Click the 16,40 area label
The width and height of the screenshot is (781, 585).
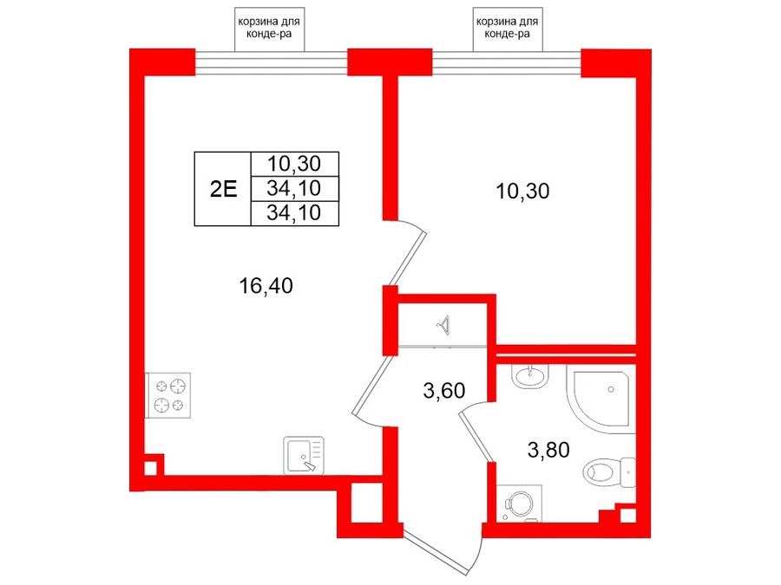click(x=266, y=286)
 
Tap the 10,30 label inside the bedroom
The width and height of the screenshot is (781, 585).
click(x=522, y=191)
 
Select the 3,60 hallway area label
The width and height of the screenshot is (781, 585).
click(x=443, y=391)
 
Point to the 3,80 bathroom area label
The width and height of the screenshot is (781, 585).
click(x=548, y=450)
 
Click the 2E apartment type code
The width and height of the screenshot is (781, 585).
click(x=223, y=189)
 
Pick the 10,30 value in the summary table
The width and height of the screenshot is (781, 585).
click(x=294, y=163)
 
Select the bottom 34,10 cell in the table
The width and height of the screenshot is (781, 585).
click(x=294, y=213)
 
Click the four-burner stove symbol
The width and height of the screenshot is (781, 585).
click(x=168, y=395)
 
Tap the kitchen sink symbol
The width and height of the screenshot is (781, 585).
click(x=304, y=455)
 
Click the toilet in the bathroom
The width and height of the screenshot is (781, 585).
click(x=609, y=471)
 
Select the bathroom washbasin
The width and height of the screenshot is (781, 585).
click(x=530, y=377)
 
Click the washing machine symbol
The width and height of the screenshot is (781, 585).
click(x=519, y=504)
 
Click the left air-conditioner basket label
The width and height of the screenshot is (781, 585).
click(x=270, y=29)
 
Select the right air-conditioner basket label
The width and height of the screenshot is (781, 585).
click(x=508, y=29)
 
